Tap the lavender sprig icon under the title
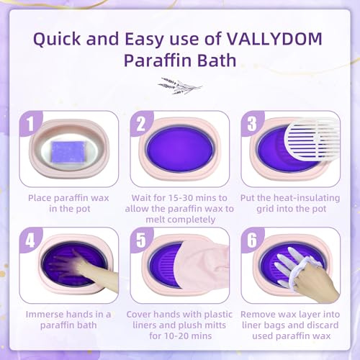point(179,86)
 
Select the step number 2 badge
point(142,125)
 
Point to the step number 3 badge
point(251,125)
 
